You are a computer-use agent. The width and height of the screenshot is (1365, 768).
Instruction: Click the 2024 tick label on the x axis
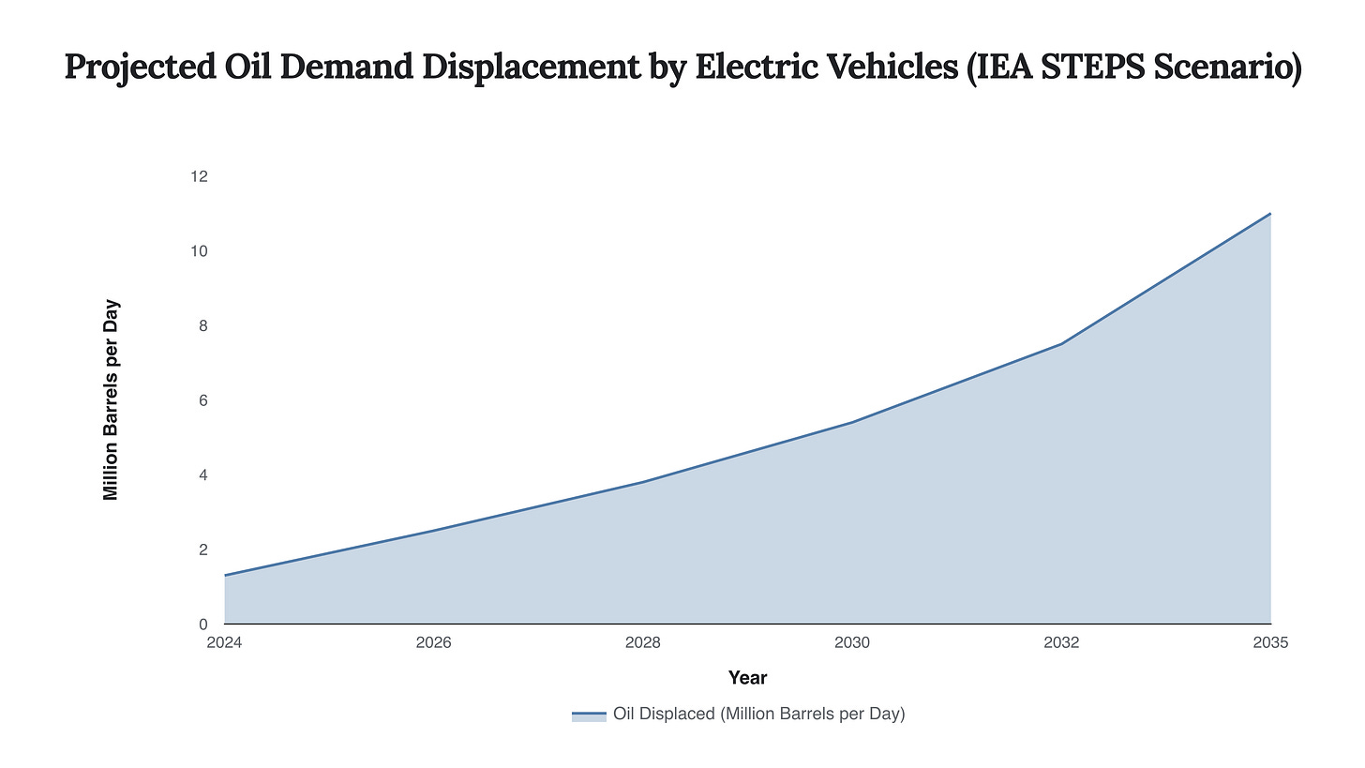click(225, 643)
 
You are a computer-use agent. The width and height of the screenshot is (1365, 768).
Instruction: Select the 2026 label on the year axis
click(434, 643)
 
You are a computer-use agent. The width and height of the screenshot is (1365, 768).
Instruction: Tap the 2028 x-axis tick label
click(643, 643)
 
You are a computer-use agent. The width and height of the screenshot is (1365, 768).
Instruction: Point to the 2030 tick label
click(852, 643)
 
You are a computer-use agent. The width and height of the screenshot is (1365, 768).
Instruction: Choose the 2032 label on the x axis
click(1061, 643)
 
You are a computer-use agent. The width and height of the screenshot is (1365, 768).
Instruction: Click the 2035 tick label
click(1270, 643)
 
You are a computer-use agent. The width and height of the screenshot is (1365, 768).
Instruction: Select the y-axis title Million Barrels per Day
click(111, 400)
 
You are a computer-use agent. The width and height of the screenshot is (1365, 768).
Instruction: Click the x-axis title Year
click(747, 678)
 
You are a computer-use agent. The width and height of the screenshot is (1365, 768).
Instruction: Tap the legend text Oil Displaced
click(758, 715)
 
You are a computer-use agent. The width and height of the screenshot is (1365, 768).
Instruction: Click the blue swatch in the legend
click(589, 715)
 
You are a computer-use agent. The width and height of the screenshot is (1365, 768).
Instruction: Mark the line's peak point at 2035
click(1270, 214)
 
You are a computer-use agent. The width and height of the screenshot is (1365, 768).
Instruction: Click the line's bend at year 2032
click(1061, 344)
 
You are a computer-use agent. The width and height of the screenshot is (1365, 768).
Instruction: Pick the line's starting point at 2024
click(225, 575)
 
